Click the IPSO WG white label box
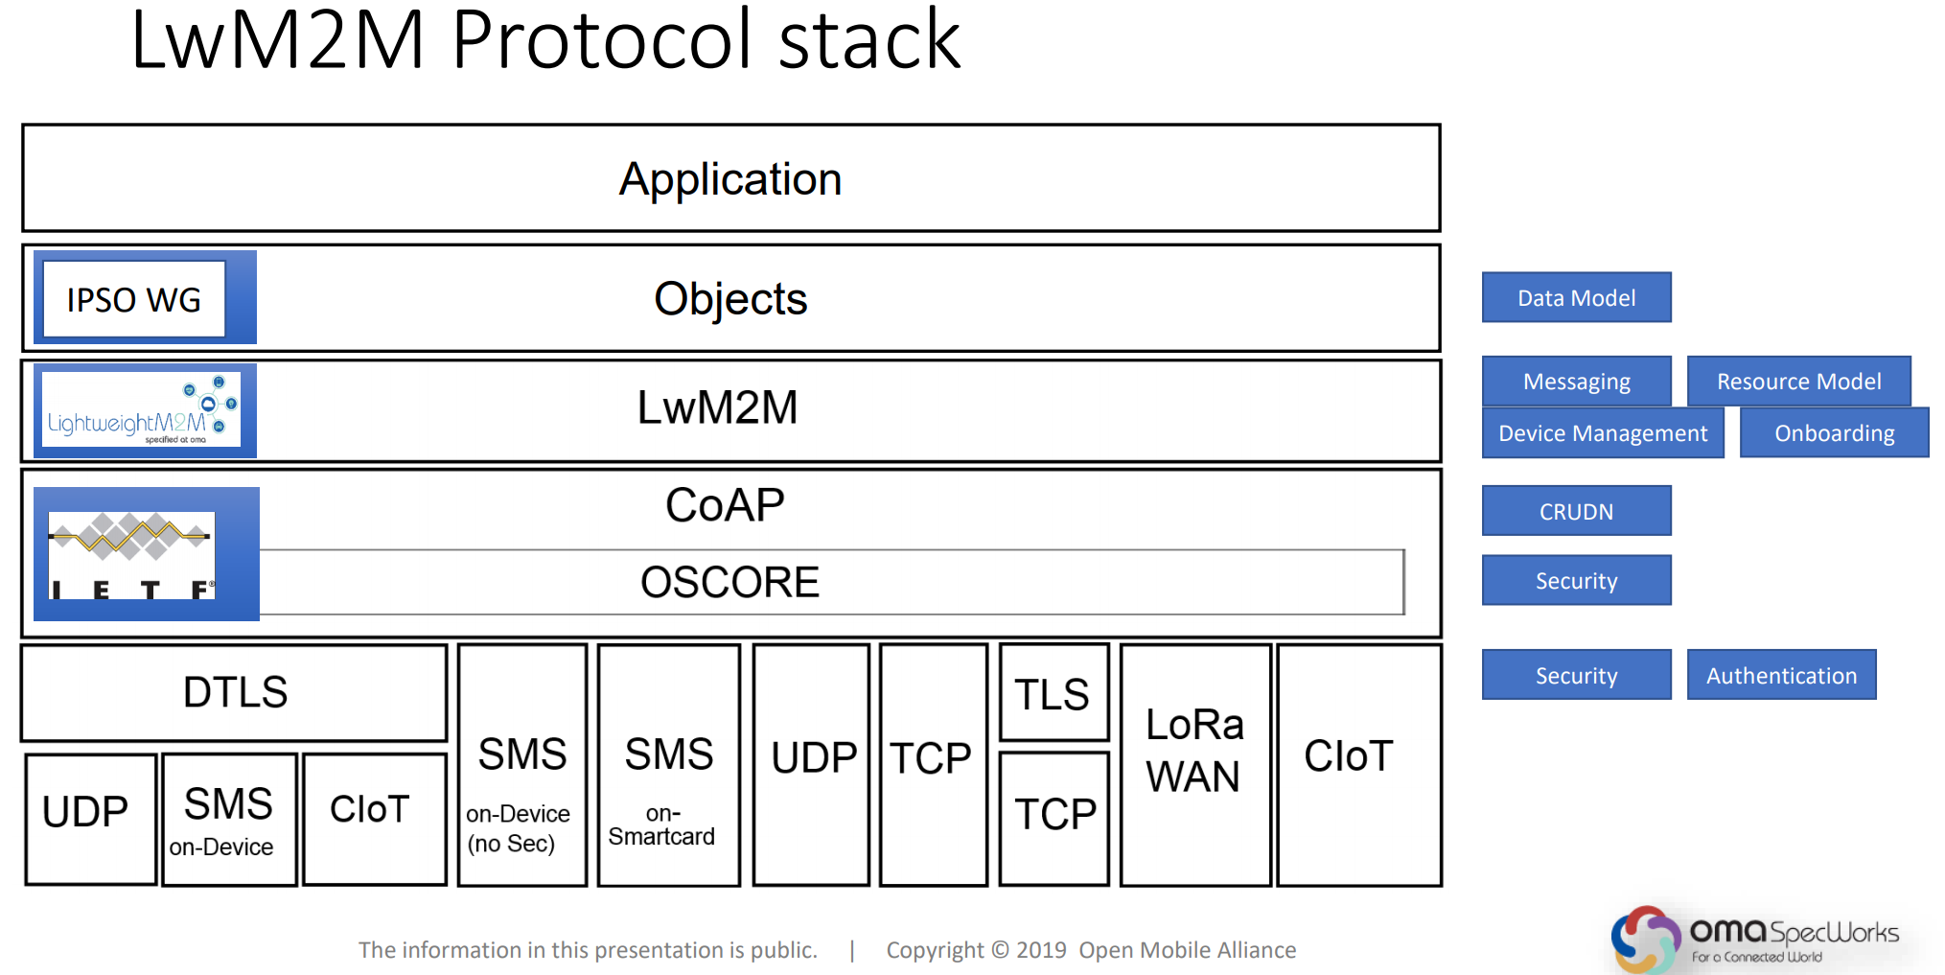(134, 299)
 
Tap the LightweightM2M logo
(142, 410)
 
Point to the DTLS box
(234, 692)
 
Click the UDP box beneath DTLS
(89, 818)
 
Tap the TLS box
(1054, 693)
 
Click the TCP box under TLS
(1054, 816)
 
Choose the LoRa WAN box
(1194, 765)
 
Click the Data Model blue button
(1576, 298)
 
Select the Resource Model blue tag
(1798, 382)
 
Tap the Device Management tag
(1602, 433)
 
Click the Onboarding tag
(1833, 433)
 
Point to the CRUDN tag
(1576, 511)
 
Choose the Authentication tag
(1780, 675)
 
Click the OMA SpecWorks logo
(1753, 939)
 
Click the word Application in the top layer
(730, 179)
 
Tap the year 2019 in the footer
(1041, 950)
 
